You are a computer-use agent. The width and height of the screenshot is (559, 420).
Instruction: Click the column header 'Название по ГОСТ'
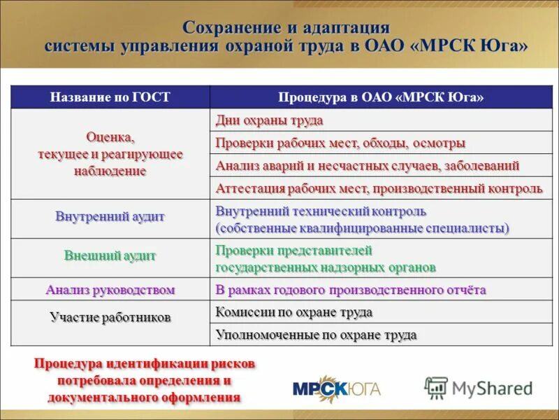pyautogui.click(x=110, y=97)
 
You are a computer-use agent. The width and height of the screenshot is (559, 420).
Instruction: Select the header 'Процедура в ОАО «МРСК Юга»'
pyautogui.click(x=381, y=97)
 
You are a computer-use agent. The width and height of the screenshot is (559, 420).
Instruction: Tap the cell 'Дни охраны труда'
pyautogui.click(x=269, y=120)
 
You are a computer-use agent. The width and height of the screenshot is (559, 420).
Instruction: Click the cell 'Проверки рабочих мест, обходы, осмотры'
pyautogui.click(x=340, y=143)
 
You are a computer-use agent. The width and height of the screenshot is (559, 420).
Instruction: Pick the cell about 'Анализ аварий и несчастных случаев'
pyautogui.click(x=368, y=166)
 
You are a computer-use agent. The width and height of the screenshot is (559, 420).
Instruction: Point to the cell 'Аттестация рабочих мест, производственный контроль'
pyautogui.click(x=379, y=188)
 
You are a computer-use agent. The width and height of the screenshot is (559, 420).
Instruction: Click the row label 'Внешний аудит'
pyautogui.click(x=110, y=255)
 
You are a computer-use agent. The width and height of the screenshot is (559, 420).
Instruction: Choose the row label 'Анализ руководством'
pyautogui.click(x=110, y=289)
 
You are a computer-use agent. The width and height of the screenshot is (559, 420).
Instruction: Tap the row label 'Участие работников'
pyautogui.click(x=110, y=317)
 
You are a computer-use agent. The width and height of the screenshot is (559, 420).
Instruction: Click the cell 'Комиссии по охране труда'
pyautogui.click(x=293, y=312)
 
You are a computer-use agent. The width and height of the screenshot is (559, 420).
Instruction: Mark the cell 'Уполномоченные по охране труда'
pyautogui.click(x=316, y=335)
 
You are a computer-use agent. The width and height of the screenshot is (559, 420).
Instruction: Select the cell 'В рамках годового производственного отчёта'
pyautogui.click(x=350, y=289)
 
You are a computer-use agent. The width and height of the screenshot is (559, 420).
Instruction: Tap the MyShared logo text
pyautogui.click(x=491, y=387)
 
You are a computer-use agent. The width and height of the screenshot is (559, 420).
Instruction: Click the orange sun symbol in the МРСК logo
pyautogui.click(x=337, y=388)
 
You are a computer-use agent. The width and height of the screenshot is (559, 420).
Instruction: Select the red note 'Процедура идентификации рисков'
pyautogui.click(x=145, y=365)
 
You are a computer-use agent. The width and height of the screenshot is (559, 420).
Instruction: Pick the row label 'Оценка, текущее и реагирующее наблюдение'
pyautogui.click(x=110, y=153)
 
